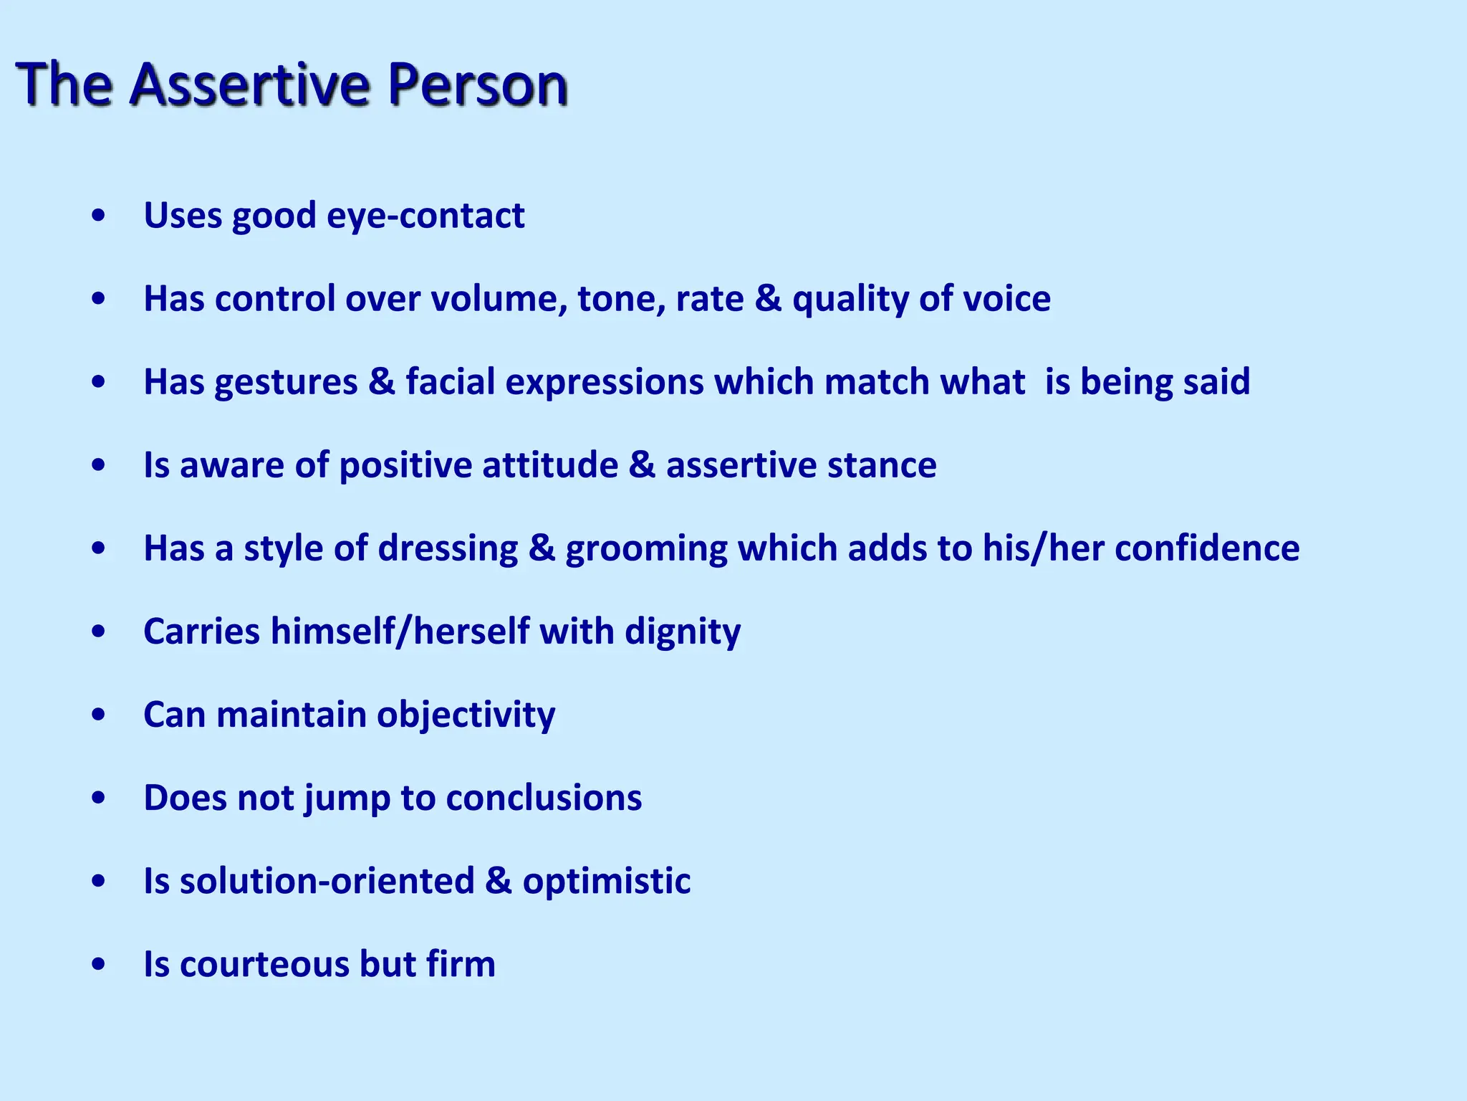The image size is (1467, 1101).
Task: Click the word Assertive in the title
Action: pos(251,85)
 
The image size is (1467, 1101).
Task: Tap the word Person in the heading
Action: pos(477,85)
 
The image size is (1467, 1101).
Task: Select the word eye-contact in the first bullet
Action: pos(425,215)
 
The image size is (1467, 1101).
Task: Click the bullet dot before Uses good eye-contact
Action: pos(100,215)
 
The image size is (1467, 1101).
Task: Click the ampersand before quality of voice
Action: pos(768,298)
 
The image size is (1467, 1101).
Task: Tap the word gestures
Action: pos(286,381)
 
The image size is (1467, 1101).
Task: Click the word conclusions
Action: pos(544,797)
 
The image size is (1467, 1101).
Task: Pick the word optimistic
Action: pos(606,881)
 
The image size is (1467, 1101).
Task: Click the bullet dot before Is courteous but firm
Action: pos(100,964)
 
